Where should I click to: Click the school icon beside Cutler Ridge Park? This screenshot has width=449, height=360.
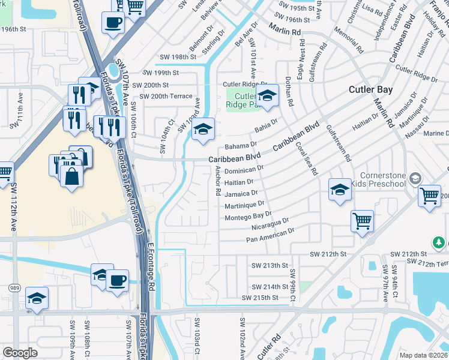point(267,95)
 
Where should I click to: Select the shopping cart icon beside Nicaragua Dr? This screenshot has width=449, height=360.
point(362,221)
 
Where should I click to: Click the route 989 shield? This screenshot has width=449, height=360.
point(13,288)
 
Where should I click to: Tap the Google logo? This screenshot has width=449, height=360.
point(20,352)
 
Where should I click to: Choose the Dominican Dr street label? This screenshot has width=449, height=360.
point(244,170)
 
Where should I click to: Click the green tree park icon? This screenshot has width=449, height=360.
point(439,242)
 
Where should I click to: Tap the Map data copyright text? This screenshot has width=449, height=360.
point(423,355)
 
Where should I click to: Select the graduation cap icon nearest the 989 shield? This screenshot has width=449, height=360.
point(37,298)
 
